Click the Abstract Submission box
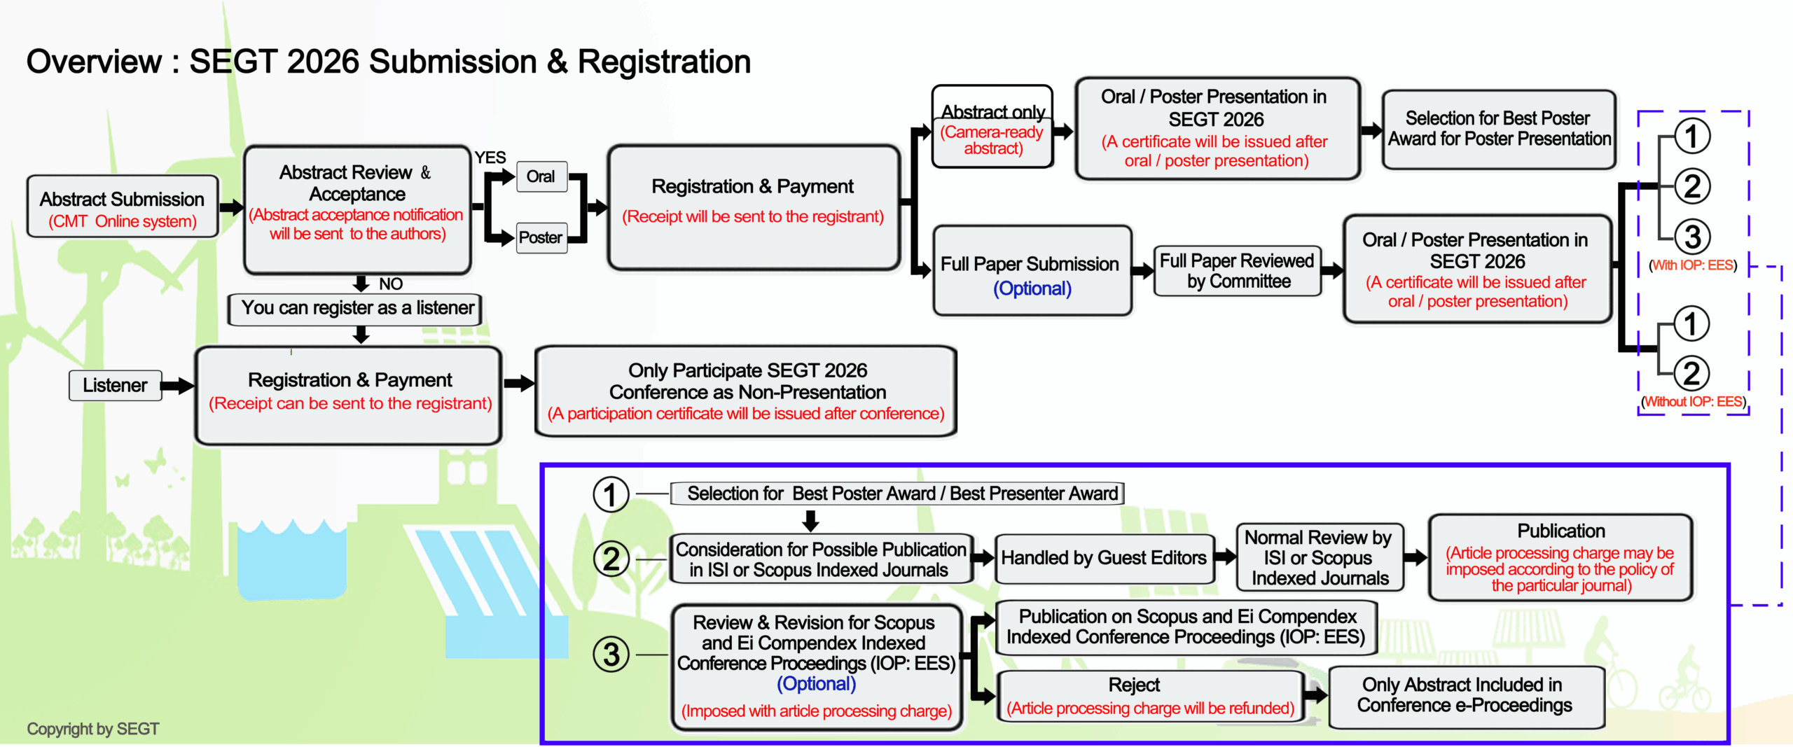pyautogui.click(x=123, y=207)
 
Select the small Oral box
pyautogui.click(x=541, y=176)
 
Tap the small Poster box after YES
pyautogui.click(x=541, y=238)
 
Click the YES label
pyautogui.click(x=490, y=158)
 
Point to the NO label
pyautogui.click(x=391, y=284)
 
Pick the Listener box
pyautogui.click(x=115, y=385)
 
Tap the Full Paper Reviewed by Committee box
pyautogui.click(x=1238, y=271)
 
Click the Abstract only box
pyautogui.click(x=992, y=127)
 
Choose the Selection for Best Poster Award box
pyautogui.click(x=1499, y=129)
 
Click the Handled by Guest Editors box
pyautogui.click(x=1104, y=558)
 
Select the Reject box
pyautogui.click(x=1150, y=696)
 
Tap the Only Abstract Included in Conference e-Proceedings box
pyautogui.click(x=1465, y=696)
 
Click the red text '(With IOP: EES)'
pyautogui.click(x=1694, y=265)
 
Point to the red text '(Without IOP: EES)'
pyautogui.click(x=1694, y=402)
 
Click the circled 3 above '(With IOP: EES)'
pyautogui.click(x=1692, y=237)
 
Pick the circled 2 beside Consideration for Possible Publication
pyautogui.click(x=611, y=559)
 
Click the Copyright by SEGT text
pyautogui.click(x=93, y=729)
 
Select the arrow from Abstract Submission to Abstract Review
pyautogui.click(x=231, y=207)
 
